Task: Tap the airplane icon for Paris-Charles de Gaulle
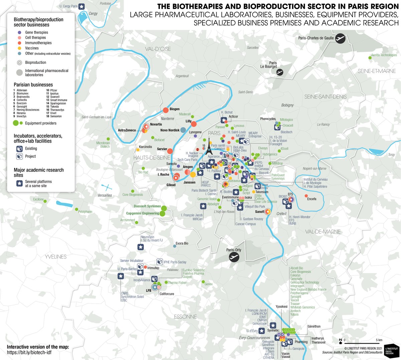[340, 38]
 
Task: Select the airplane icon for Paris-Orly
[234, 257]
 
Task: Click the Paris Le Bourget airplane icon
[280, 72]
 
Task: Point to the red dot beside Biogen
[165, 110]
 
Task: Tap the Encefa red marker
[306, 196]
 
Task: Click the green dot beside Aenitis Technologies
[370, 58]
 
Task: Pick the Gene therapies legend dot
[20, 32]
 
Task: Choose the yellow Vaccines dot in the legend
[20, 48]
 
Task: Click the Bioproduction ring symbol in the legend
[20, 63]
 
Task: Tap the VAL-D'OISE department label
[158, 49]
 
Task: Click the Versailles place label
[105, 195]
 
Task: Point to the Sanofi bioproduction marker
[267, 212]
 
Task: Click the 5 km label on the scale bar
[379, 340]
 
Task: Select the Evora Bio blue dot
[174, 246]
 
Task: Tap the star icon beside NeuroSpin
[141, 247]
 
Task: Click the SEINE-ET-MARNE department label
[377, 71]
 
